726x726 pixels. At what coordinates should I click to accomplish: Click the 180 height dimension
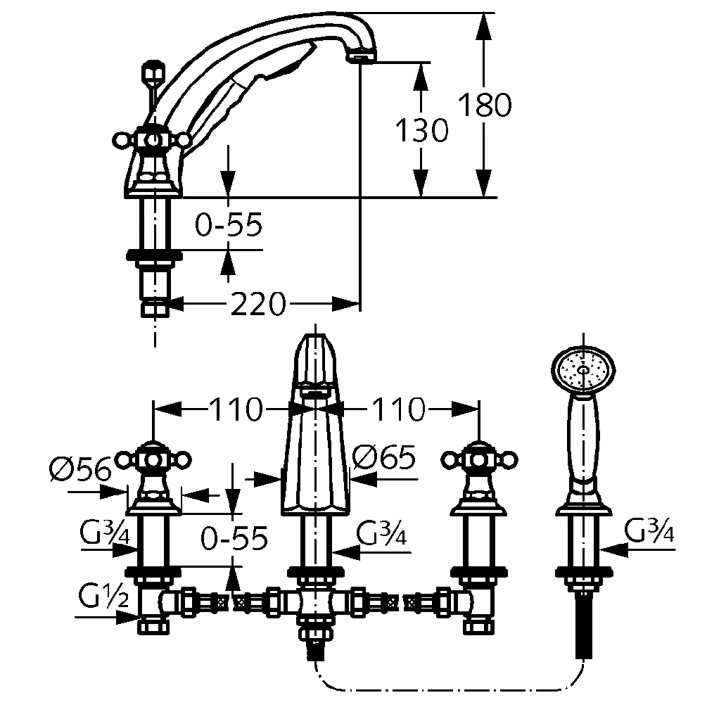coord(485,106)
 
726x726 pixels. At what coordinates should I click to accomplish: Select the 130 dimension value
coord(421,130)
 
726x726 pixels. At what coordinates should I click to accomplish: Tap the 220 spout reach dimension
coord(258,304)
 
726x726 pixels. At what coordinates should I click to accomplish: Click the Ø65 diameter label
coord(384,458)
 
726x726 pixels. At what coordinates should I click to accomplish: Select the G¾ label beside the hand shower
coord(649,531)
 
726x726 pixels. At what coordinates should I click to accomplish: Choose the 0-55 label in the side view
coord(229,225)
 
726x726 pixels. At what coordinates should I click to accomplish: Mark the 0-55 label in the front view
coord(234,539)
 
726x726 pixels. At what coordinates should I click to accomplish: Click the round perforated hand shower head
coord(582,368)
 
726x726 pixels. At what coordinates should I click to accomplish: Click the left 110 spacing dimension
coord(236,409)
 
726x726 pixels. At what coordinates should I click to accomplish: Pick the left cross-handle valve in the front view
coord(153,461)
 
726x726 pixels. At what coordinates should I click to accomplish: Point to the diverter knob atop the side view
coord(153,72)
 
